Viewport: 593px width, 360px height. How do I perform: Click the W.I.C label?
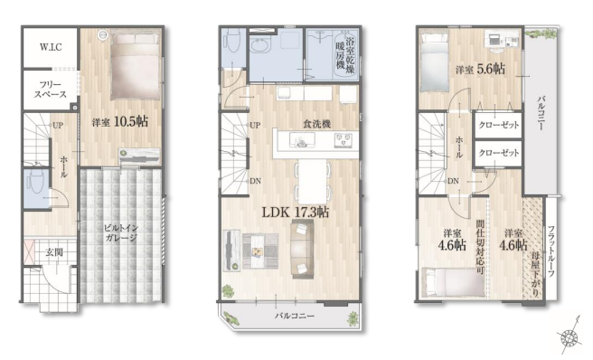pos(51,47)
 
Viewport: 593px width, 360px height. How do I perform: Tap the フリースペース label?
pos(51,90)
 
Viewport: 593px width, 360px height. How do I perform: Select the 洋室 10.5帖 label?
pos(120,122)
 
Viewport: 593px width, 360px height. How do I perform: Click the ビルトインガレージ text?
pos(120,232)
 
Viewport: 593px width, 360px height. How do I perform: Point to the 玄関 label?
pos(54,252)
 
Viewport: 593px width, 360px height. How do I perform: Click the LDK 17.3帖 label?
pos(296,212)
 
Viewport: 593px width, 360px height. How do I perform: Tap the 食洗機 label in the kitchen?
pos(317,124)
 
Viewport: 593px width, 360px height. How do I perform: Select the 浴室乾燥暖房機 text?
pos(345,53)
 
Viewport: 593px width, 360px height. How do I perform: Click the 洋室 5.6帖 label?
pos(480,70)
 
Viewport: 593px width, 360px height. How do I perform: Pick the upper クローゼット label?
pos(499,125)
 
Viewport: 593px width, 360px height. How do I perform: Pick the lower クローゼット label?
pos(499,153)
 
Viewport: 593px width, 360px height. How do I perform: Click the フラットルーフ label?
pos(551,251)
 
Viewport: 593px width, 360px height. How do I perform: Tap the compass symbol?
pos(569,335)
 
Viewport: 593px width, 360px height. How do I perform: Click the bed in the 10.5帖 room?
pos(135,66)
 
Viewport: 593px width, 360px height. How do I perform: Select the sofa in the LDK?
pos(302,250)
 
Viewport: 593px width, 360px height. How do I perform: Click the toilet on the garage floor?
pos(37,182)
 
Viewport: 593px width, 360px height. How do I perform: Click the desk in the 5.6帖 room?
pos(501,40)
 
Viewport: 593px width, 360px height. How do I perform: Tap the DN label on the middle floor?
pos(255,181)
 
